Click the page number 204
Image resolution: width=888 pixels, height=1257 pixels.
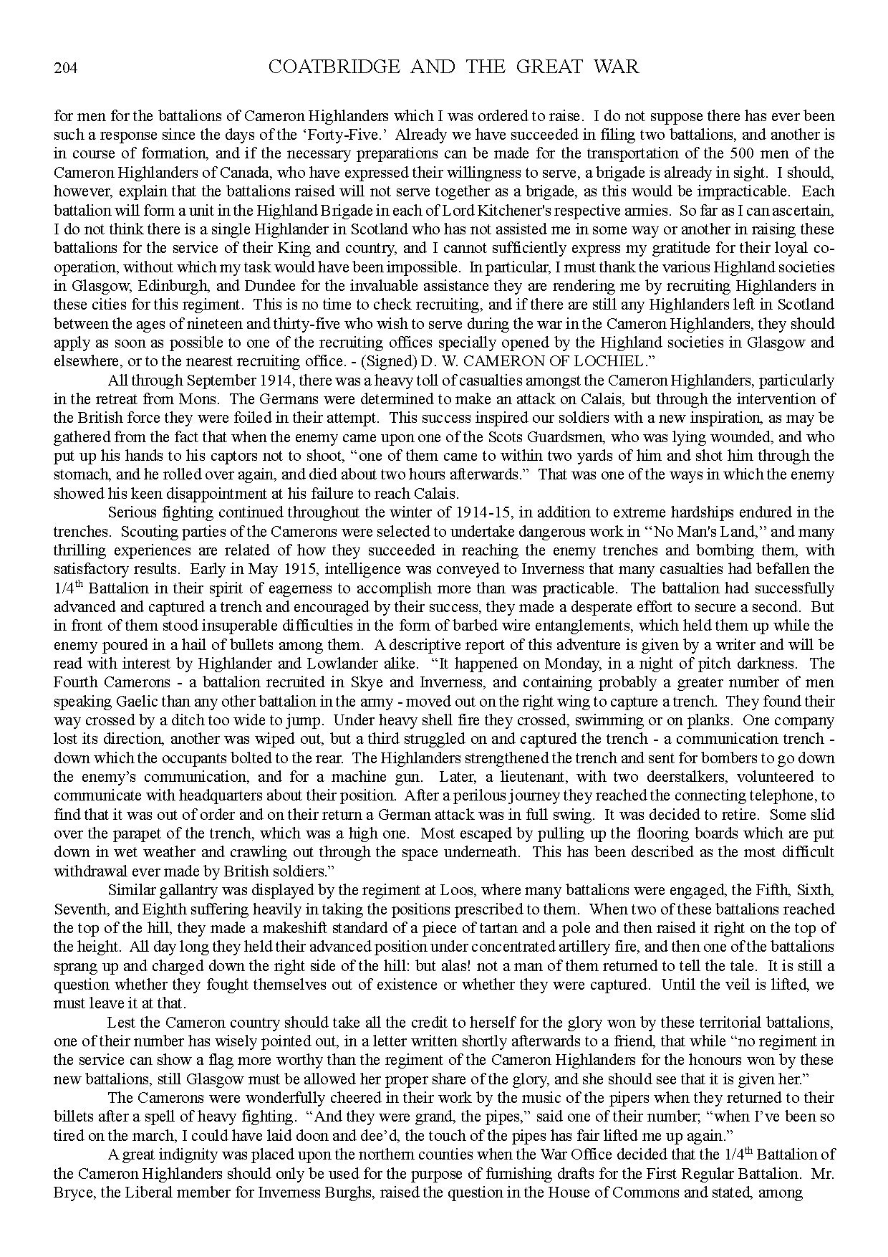click(x=65, y=69)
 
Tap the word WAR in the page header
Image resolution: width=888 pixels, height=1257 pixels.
click(x=615, y=67)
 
